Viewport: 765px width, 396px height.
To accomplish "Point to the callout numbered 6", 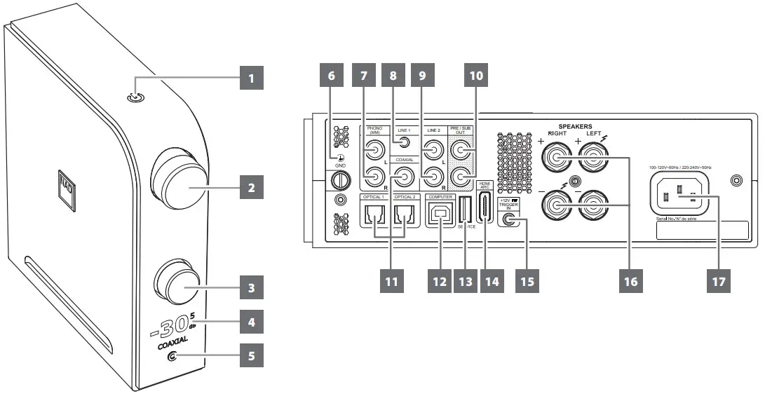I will [331, 78].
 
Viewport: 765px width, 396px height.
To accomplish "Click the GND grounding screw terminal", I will [339, 180].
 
